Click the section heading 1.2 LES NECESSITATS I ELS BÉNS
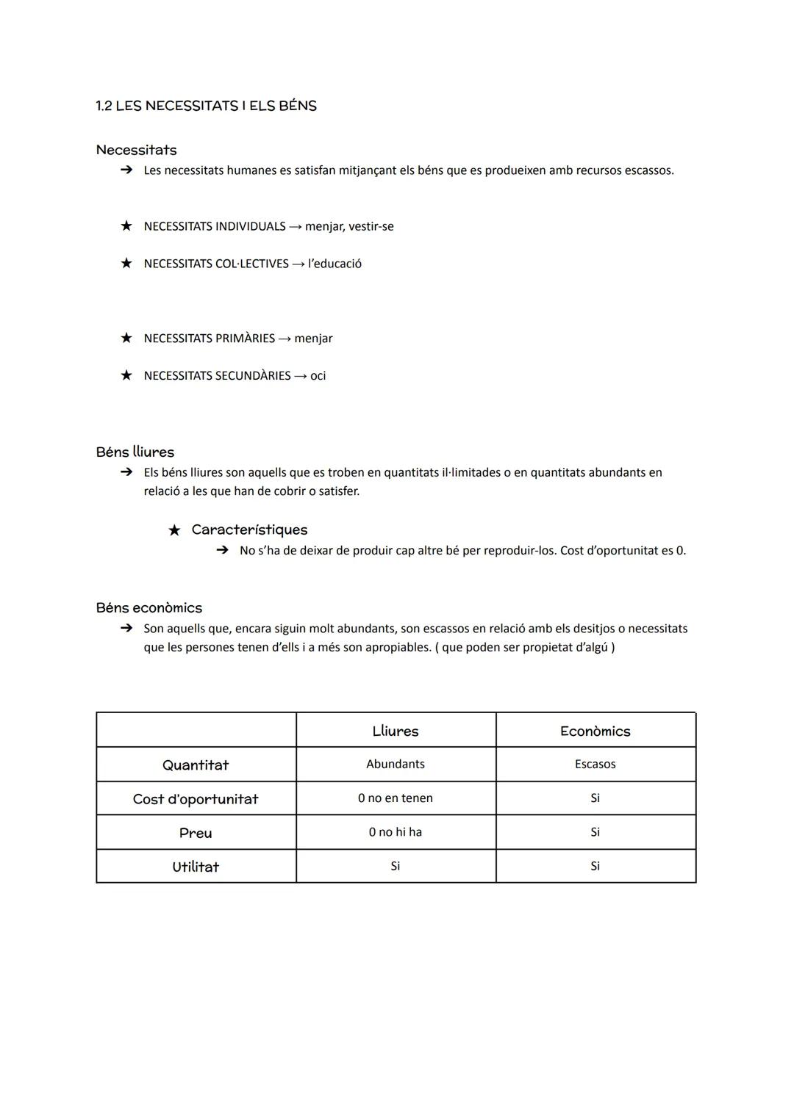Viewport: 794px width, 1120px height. pyautogui.click(x=206, y=106)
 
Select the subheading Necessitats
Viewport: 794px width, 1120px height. pyautogui.click(x=136, y=150)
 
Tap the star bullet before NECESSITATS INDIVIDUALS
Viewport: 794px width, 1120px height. pyautogui.click(x=126, y=226)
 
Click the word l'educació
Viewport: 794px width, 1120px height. pyautogui.click(x=335, y=264)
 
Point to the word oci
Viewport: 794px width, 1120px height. pyautogui.click(x=318, y=376)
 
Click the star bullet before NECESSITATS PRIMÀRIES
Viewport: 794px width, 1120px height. pyautogui.click(x=126, y=338)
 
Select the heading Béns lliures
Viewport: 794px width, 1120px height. pyautogui.click(x=135, y=452)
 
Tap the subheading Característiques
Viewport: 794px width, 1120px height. pyautogui.click(x=249, y=530)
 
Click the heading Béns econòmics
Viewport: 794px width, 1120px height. pyautogui.click(x=149, y=607)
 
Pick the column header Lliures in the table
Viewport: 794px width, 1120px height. pyautogui.click(x=396, y=731)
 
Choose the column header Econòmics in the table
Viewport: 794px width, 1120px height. pyautogui.click(x=595, y=731)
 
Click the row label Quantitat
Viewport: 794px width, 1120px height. pyautogui.click(x=196, y=765)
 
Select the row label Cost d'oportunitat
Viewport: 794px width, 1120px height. pyautogui.click(x=196, y=799)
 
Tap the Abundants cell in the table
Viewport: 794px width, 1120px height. pyautogui.click(x=396, y=764)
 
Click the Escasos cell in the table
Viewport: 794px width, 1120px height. pyautogui.click(x=595, y=764)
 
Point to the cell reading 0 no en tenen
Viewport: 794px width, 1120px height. pyautogui.click(x=396, y=798)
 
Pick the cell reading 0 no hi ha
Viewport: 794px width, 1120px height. pyautogui.click(x=396, y=832)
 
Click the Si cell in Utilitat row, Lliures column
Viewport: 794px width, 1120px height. pyautogui.click(x=396, y=866)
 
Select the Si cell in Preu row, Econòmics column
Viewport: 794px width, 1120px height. pyautogui.click(x=595, y=832)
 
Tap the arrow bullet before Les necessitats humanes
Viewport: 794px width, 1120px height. pyautogui.click(x=126, y=170)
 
